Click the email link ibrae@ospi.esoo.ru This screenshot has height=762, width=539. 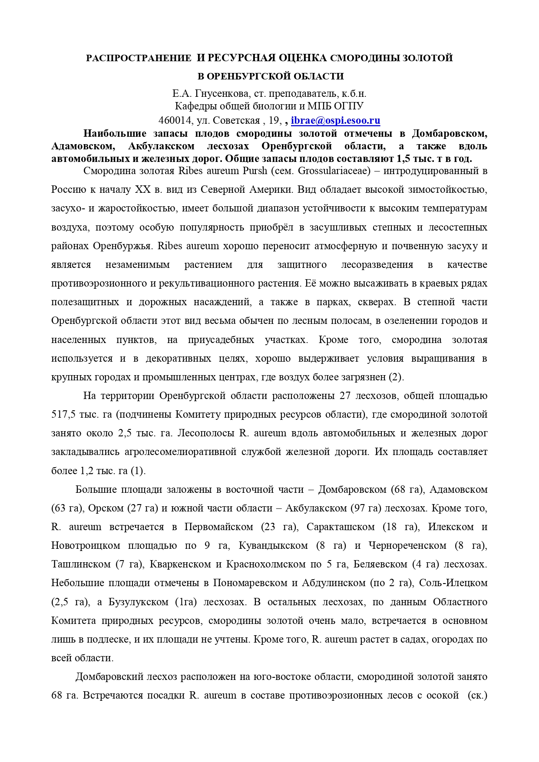tap(335, 120)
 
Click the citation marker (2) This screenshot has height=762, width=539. tap(396, 377)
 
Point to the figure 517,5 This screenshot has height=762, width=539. tap(64, 414)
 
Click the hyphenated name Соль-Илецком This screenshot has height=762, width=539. tap(453, 583)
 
